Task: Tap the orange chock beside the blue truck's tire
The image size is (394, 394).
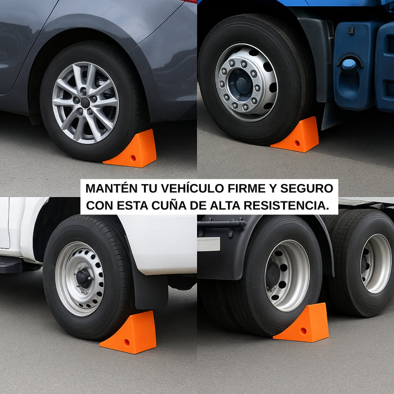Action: coord(297,137)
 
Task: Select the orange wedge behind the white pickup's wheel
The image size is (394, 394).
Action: coord(130,334)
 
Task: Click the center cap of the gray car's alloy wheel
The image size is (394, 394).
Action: coord(85,102)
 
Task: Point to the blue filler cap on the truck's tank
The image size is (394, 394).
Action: coord(349,64)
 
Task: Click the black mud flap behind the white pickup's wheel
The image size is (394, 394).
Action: coord(149,287)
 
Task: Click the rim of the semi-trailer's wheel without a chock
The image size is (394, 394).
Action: coord(376,263)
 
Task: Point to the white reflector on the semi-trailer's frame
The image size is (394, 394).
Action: coord(208,244)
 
